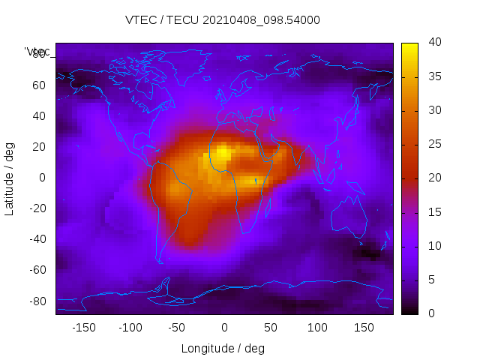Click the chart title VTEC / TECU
(x=223, y=20)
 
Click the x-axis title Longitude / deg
(x=223, y=348)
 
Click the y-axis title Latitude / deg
(x=10, y=178)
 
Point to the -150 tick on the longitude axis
(x=83, y=328)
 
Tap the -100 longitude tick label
(x=130, y=328)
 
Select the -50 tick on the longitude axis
(x=177, y=328)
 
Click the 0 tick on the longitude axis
(x=223, y=328)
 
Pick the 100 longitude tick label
(x=317, y=328)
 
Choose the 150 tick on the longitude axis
(x=364, y=328)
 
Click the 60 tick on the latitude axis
(x=39, y=85)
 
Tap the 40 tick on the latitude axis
(x=39, y=115)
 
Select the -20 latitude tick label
(x=37, y=208)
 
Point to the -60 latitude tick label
(x=37, y=270)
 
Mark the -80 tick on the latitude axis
(x=37, y=301)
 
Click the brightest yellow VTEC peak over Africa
(x=223, y=155)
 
